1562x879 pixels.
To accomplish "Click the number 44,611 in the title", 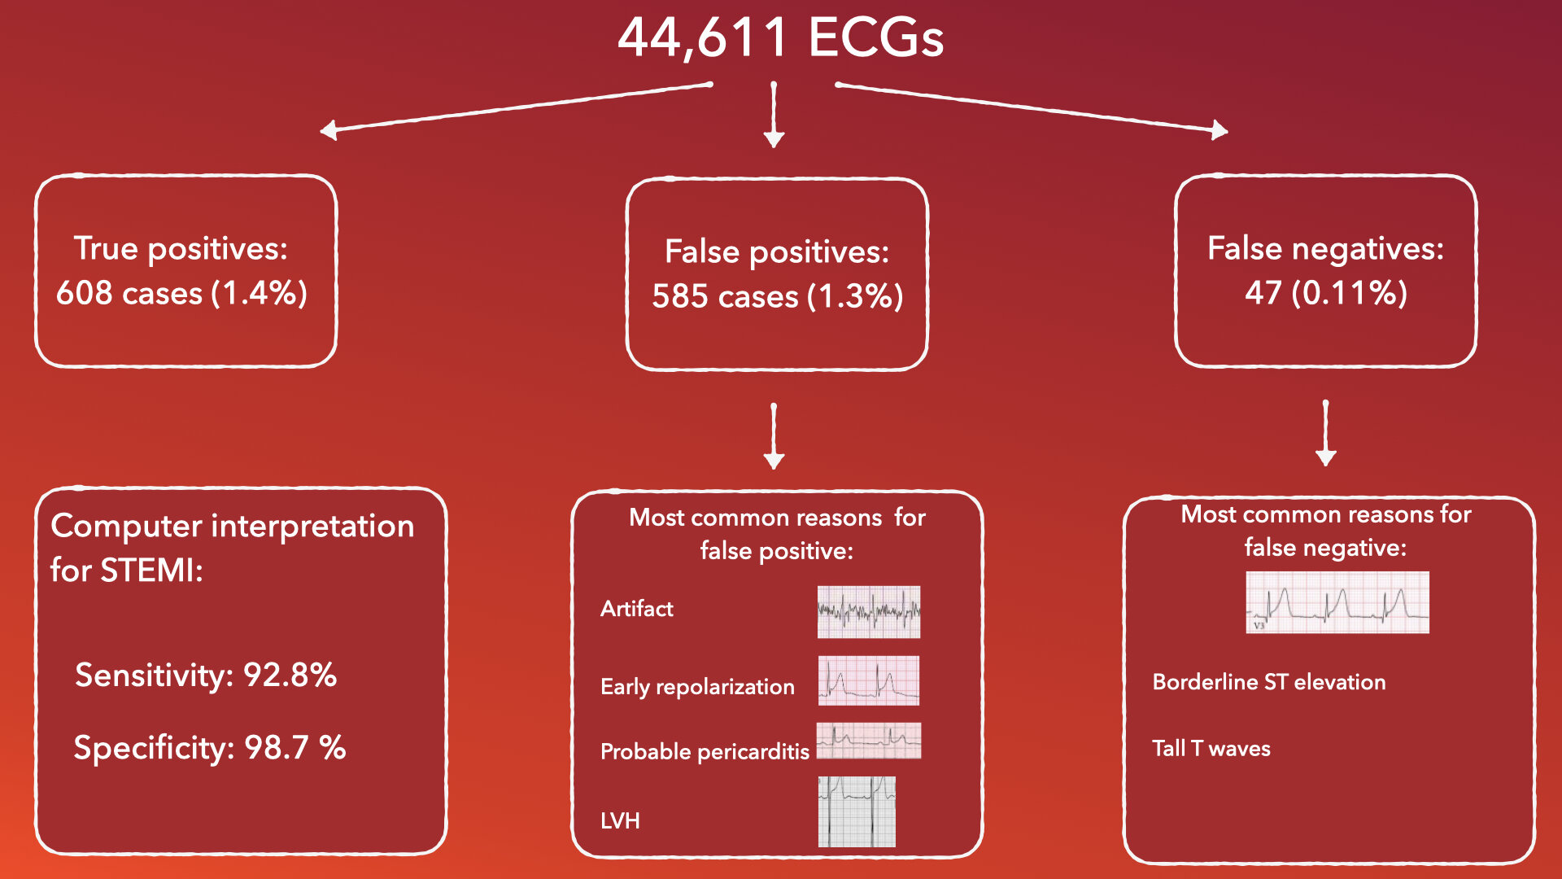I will coord(703,37).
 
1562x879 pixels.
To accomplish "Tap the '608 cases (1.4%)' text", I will coord(181,293).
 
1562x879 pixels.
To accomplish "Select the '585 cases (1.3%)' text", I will coord(777,296).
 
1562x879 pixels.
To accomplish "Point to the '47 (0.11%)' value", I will coord(1325,292).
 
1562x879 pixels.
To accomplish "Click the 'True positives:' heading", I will coord(181,248).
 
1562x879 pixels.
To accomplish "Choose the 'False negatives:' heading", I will coord(1325,248).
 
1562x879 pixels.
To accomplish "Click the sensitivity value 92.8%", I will coord(290,675).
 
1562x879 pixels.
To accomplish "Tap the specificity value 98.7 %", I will coord(295,747).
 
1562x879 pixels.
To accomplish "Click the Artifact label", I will coord(636,609).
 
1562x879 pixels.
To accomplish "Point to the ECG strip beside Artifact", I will coord(869,612).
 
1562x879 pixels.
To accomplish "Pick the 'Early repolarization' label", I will coord(697,687).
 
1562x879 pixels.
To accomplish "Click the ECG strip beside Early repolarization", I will coord(869,680).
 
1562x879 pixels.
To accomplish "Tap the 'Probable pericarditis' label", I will coord(705,751).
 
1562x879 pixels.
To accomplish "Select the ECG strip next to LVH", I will coord(857,811).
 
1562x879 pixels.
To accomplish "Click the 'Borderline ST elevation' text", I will coord(1268,682).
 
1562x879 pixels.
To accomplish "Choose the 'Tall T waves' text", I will coord(1211,749).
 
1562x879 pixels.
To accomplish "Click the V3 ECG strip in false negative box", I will coord(1337,602).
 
